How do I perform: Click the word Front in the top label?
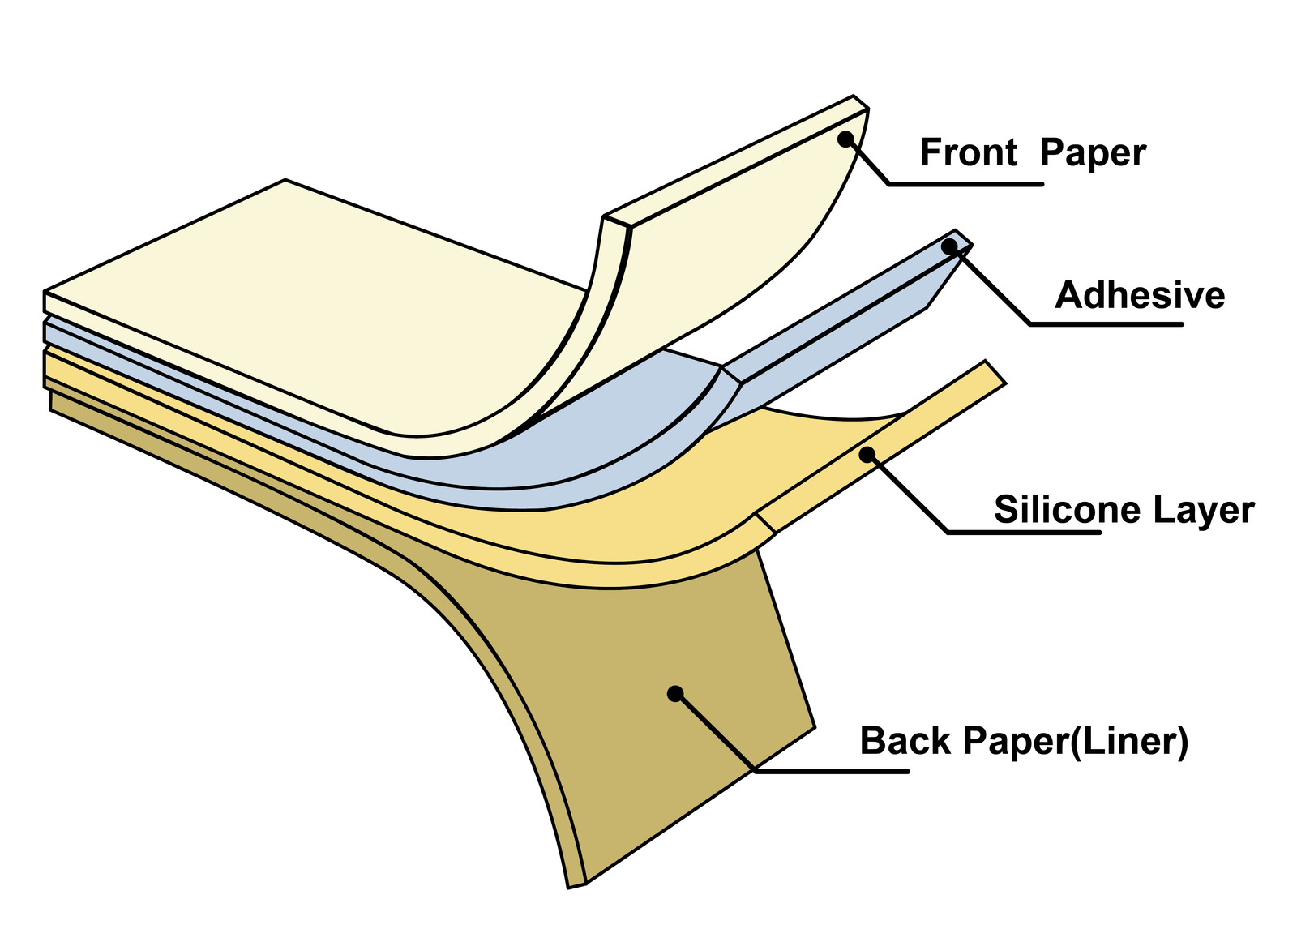(x=968, y=152)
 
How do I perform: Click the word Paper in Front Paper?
(x=1093, y=152)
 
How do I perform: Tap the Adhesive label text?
(x=1140, y=295)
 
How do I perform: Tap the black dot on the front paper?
(x=845, y=139)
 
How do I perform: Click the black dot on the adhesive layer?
(x=949, y=246)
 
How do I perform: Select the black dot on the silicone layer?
(x=867, y=454)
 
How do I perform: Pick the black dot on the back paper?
(x=674, y=693)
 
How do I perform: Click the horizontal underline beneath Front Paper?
(x=965, y=185)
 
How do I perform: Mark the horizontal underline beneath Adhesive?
(x=1106, y=324)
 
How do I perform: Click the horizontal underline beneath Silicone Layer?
(x=1024, y=533)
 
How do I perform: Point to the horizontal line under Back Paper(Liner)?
(x=831, y=771)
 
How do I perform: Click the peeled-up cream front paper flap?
(x=730, y=243)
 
